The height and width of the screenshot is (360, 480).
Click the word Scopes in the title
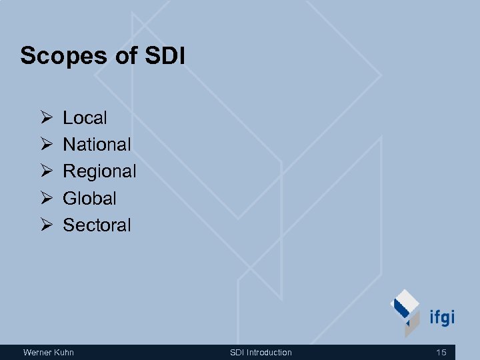[x=59, y=56]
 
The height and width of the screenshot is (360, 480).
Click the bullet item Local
[x=85, y=118]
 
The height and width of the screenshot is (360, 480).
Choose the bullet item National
[x=97, y=145]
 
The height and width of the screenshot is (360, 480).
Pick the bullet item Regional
[x=99, y=171]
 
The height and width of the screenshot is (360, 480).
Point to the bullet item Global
[x=89, y=198]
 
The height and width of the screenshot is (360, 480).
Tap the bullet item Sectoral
[x=97, y=225]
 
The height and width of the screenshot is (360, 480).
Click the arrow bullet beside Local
[x=46, y=118]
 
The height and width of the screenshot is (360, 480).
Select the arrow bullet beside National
[x=46, y=145]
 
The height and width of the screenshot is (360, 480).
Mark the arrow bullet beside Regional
[x=46, y=171]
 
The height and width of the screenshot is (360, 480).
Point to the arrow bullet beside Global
[x=46, y=198]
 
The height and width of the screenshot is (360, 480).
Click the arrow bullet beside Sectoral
[x=46, y=225]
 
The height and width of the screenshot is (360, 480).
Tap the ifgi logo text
[x=441, y=317]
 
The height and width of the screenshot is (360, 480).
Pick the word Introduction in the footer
[x=269, y=352]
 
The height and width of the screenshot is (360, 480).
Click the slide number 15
[x=441, y=352]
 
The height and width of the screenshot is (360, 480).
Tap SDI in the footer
[x=237, y=352]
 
